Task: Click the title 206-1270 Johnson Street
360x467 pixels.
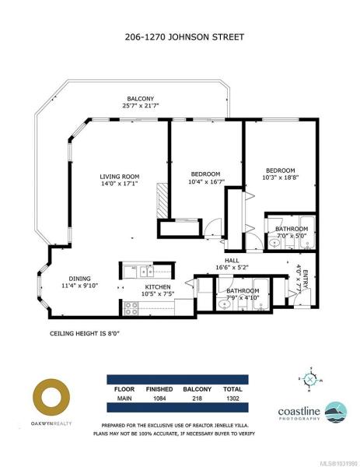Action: pyautogui.click(x=184, y=37)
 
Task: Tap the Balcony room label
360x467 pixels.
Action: pyautogui.click(x=141, y=99)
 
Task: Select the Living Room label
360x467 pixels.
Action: pyautogui.click(x=119, y=177)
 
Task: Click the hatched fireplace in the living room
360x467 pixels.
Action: pyautogui.click(x=162, y=201)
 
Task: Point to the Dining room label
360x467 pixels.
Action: pyautogui.click(x=80, y=279)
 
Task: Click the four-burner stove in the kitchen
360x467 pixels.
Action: pyautogui.click(x=131, y=308)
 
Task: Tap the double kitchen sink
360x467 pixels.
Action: pyautogui.click(x=147, y=272)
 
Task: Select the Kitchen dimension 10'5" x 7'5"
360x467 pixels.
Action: pyautogui.click(x=158, y=294)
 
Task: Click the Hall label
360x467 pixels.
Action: pyautogui.click(x=232, y=260)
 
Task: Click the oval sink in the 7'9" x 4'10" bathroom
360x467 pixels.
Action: pyautogui.click(x=223, y=304)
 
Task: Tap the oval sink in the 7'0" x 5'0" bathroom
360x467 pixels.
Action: pyautogui.click(x=274, y=244)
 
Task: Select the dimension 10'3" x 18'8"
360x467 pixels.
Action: pyautogui.click(x=280, y=177)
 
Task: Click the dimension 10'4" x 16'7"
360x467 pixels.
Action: pyautogui.click(x=206, y=181)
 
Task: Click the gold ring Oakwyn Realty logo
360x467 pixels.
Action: pyautogui.click(x=51, y=397)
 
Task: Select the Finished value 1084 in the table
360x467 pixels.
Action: pyautogui.click(x=159, y=399)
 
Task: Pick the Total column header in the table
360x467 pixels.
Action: pyautogui.click(x=232, y=389)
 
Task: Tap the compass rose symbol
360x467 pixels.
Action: pyautogui.click(x=310, y=379)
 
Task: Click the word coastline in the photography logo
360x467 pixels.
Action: pyautogui.click(x=299, y=411)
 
